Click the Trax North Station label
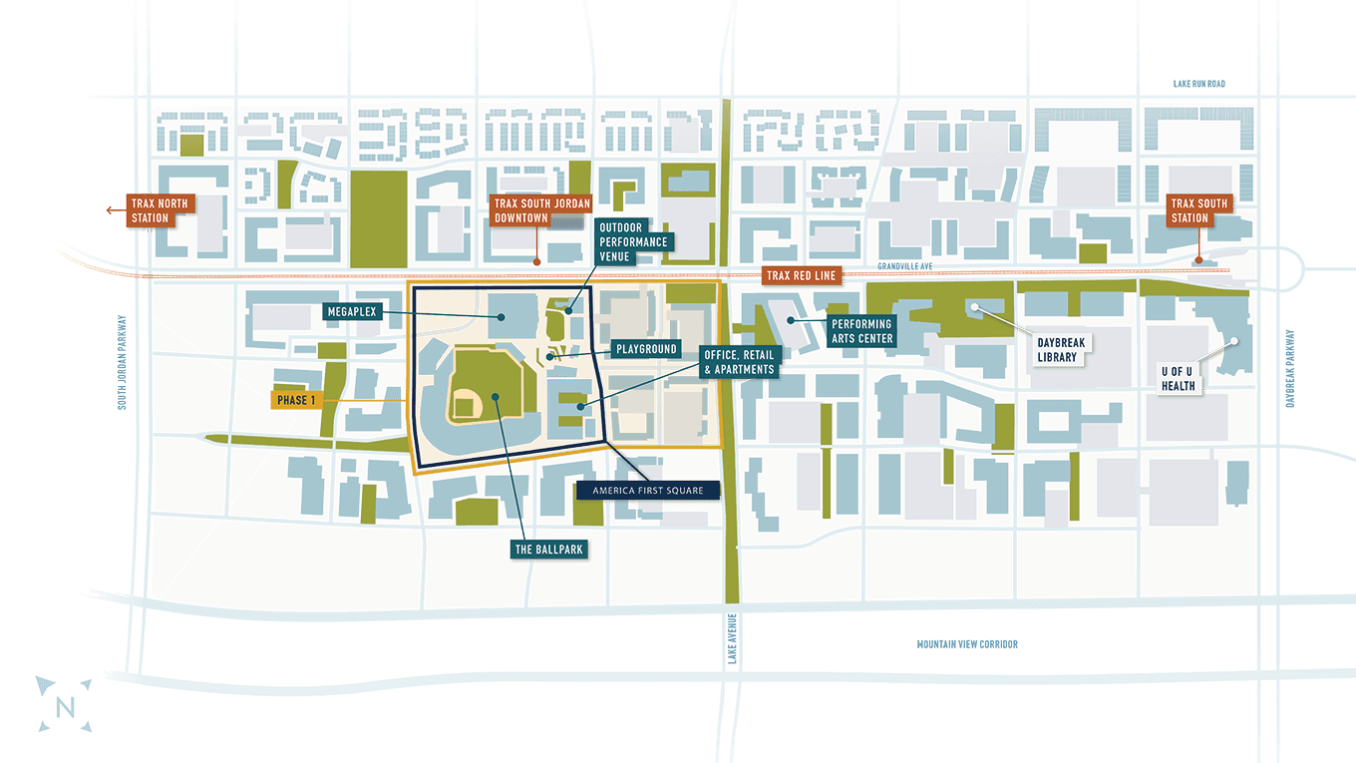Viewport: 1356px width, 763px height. [x=159, y=210]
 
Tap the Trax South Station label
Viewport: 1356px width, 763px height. [x=1197, y=210]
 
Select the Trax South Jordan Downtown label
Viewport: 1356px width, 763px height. [x=535, y=210]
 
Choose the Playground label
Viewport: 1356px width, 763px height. [x=646, y=349]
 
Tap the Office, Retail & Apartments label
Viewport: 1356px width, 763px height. [x=738, y=362]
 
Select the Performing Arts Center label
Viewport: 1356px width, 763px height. [x=862, y=331]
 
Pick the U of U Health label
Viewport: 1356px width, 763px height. [x=1178, y=379]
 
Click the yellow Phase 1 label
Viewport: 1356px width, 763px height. [x=298, y=401]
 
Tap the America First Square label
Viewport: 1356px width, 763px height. [x=647, y=491]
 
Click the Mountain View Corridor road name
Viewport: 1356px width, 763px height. [x=967, y=644]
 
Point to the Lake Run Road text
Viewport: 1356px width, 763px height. [x=1198, y=84]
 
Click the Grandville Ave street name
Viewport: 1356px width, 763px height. [x=906, y=266]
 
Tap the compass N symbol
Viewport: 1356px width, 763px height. [x=65, y=706]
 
